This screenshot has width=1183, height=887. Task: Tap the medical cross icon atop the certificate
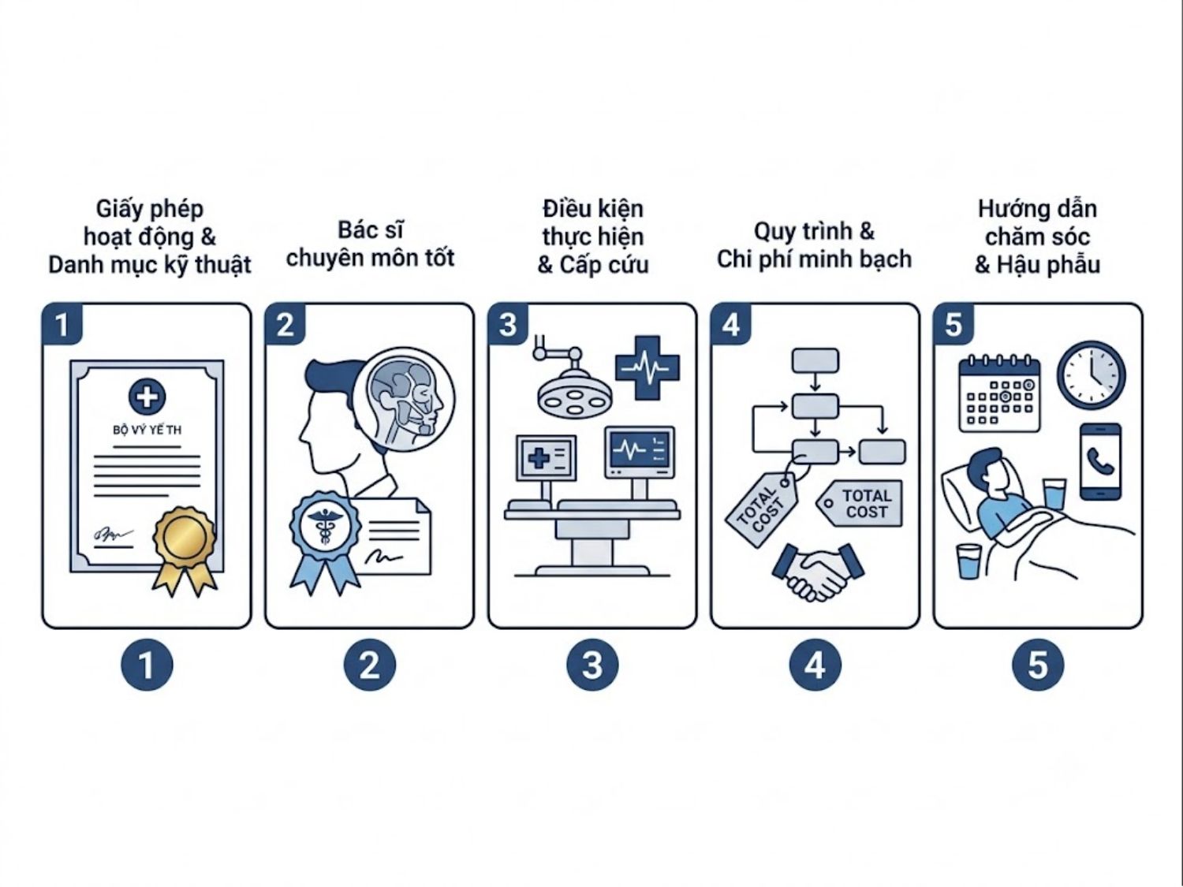(147, 397)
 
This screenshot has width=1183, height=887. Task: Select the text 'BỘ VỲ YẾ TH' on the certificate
(147, 430)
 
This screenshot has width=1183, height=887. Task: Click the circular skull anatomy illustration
(410, 398)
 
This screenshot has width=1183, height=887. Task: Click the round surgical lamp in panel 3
(573, 396)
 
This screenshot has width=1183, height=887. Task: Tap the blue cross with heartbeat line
(647, 368)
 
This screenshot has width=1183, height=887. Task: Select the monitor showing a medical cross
(546, 458)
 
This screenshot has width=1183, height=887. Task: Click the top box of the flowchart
(815, 360)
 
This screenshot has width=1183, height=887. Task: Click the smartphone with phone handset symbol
(1101, 463)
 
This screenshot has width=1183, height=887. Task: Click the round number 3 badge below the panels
(592, 665)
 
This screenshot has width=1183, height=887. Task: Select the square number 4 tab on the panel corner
(731, 324)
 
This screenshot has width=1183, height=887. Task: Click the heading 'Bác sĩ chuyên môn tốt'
(370, 244)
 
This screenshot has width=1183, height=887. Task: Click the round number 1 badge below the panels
(147, 665)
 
